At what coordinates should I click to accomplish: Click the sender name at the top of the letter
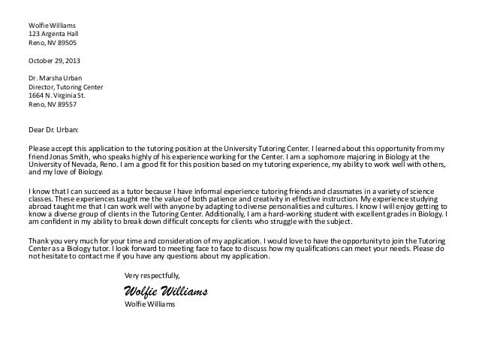(52, 25)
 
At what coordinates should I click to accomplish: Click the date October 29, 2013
(56, 60)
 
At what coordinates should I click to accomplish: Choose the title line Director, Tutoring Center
(65, 87)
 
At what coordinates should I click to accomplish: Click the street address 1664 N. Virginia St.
(58, 96)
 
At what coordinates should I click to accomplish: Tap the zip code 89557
(65, 105)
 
